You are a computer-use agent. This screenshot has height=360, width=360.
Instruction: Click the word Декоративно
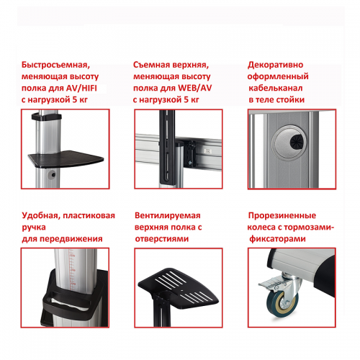(x=276, y=65)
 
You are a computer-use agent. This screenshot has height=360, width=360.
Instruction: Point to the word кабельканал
(x=276, y=88)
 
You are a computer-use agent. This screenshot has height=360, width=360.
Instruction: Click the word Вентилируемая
(x=168, y=215)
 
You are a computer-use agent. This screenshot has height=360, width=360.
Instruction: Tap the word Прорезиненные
(x=282, y=215)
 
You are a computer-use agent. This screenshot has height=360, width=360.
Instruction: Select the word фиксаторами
(x=277, y=239)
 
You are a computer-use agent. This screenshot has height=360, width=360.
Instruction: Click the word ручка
(x=34, y=228)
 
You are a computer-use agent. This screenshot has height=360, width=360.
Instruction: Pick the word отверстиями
(x=162, y=239)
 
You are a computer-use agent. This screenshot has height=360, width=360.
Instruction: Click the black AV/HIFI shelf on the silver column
(x=66, y=159)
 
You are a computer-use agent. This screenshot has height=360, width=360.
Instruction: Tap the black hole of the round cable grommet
(x=296, y=141)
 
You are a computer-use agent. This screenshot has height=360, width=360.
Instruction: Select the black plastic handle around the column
(x=72, y=297)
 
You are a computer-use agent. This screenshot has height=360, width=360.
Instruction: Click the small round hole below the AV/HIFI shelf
(x=53, y=175)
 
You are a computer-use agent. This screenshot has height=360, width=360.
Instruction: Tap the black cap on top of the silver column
(x=47, y=117)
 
